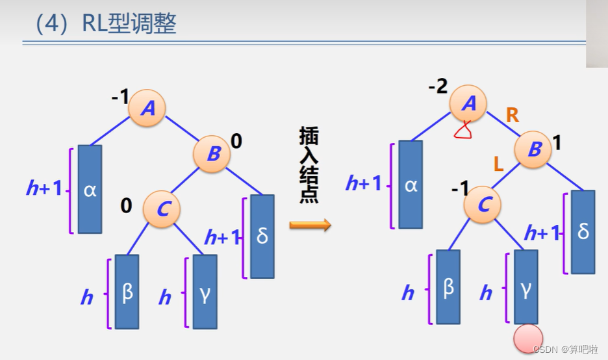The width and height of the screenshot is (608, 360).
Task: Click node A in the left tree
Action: [x=147, y=108]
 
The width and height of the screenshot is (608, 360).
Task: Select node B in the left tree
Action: [x=212, y=154]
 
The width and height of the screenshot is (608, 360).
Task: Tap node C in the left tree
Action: [x=162, y=208]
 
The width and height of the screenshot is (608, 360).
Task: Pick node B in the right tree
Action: [x=533, y=149]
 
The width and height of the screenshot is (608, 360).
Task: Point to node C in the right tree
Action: [x=483, y=205]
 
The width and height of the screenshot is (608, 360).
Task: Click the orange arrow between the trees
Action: [x=310, y=225]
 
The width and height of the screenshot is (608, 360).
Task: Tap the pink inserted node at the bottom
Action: [x=527, y=339]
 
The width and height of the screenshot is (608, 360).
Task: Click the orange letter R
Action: [x=512, y=116]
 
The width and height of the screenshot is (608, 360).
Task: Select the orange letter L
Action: [x=498, y=164]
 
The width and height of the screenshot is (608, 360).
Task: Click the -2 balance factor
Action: [x=438, y=86]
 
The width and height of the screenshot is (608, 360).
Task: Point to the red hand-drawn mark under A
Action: [x=464, y=132]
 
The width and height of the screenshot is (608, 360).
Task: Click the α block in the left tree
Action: [x=90, y=189]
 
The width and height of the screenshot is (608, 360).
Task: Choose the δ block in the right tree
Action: [x=583, y=231]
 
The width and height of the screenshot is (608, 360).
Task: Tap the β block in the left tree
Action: [x=127, y=291]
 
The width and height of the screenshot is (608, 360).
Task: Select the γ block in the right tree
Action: [x=526, y=286]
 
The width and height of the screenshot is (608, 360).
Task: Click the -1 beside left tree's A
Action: [x=120, y=97]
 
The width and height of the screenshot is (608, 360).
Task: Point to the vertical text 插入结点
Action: [x=309, y=165]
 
